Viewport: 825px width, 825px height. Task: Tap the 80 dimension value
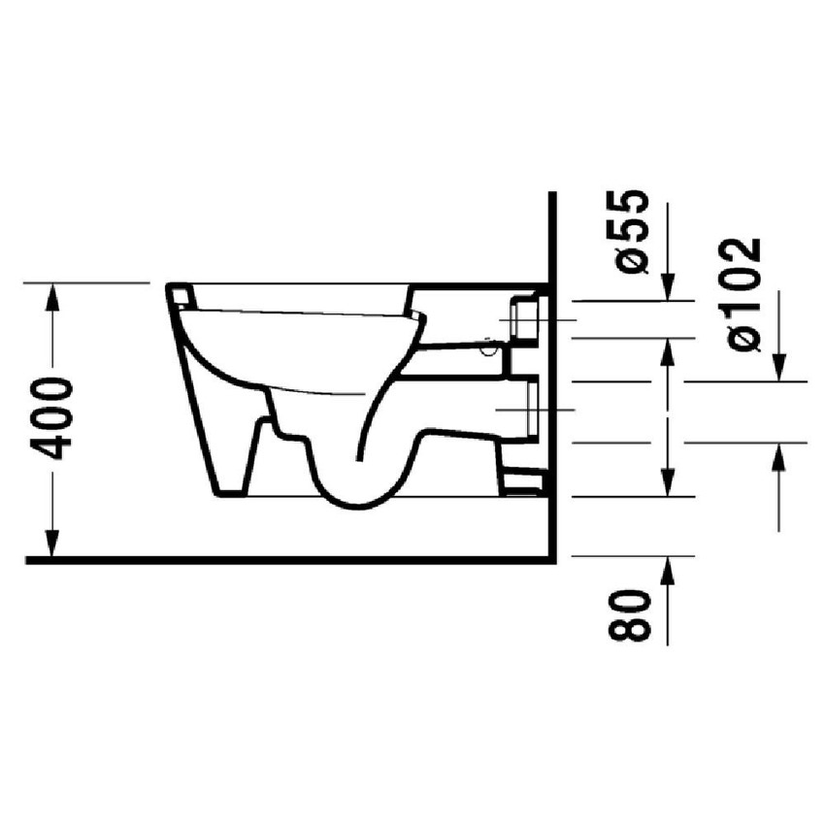[629, 613]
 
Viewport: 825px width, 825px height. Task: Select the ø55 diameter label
[629, 232]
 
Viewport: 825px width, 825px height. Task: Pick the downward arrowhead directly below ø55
[666, 288]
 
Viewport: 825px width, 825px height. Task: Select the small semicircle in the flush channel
[489, 342]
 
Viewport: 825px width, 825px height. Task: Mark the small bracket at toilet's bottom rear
[524, 478]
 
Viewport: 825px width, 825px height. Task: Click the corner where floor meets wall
[550, 560]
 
